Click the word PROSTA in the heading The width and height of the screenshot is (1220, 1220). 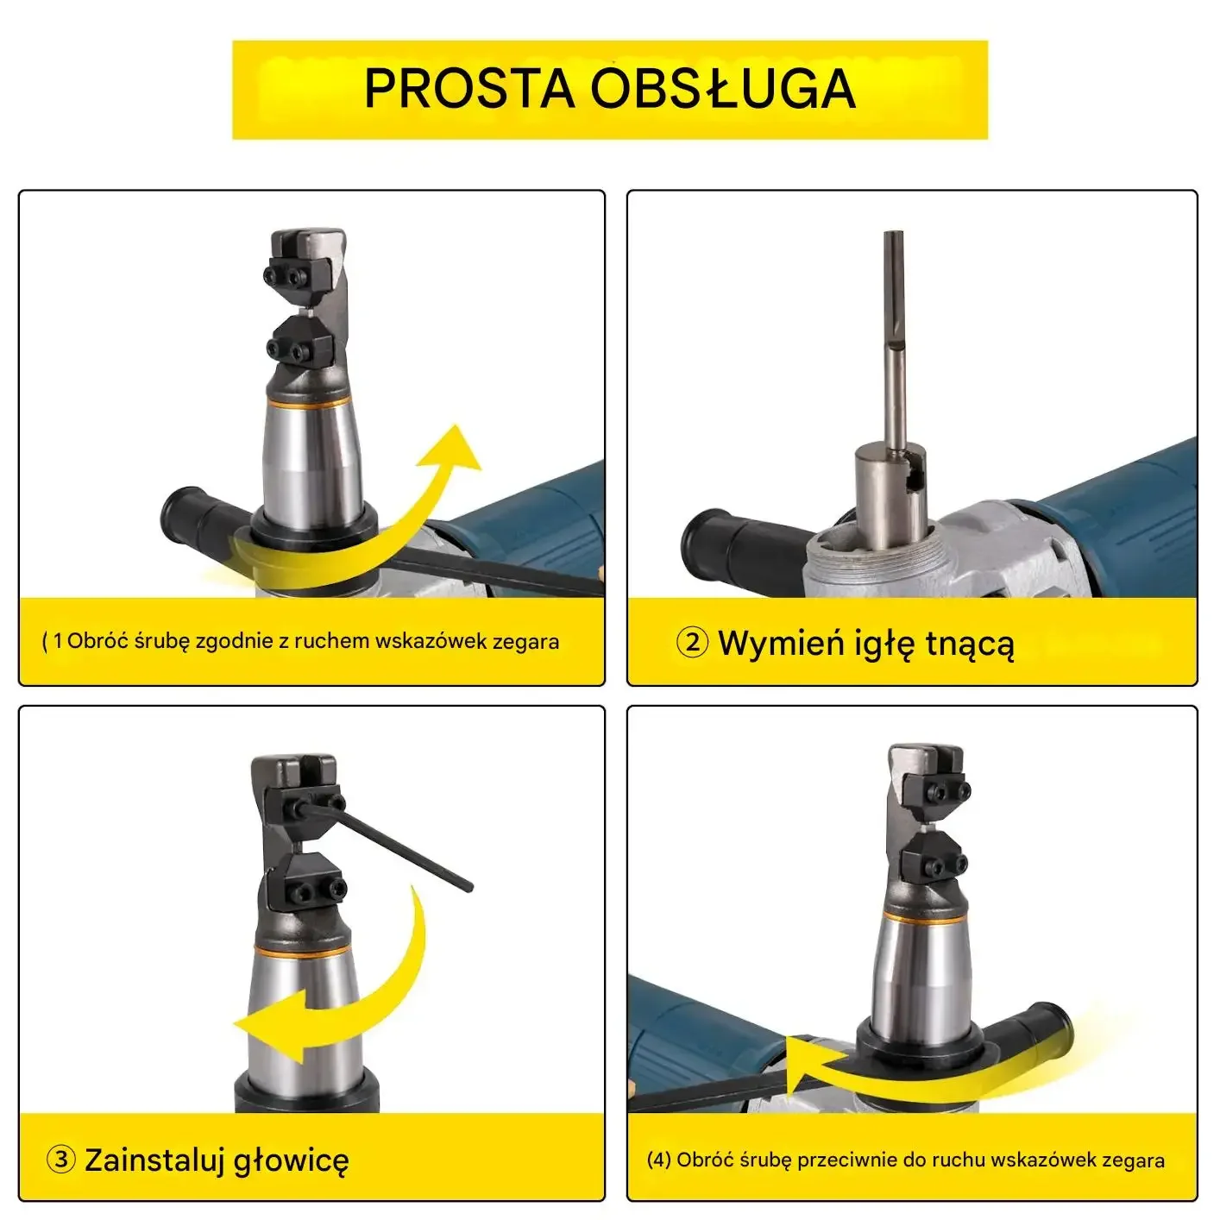[469, 89]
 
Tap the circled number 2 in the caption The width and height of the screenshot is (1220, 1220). [692, 643]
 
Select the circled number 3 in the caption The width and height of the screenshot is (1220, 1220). [61, 1160]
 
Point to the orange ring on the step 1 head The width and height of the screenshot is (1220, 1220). [308, 401]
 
